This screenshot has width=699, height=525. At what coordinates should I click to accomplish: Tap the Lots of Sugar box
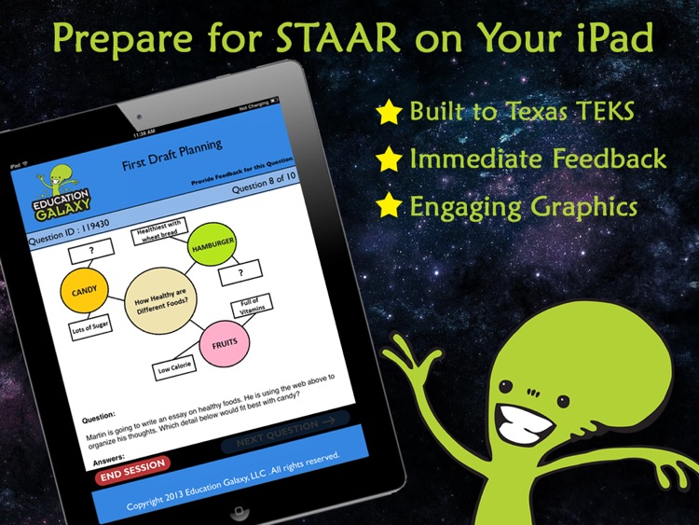(x=92, y=329)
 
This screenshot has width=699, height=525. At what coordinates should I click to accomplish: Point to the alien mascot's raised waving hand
(x=404, y=354)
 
